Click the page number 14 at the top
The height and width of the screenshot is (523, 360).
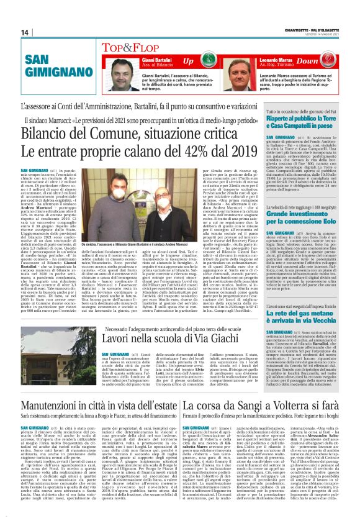[25, 32]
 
